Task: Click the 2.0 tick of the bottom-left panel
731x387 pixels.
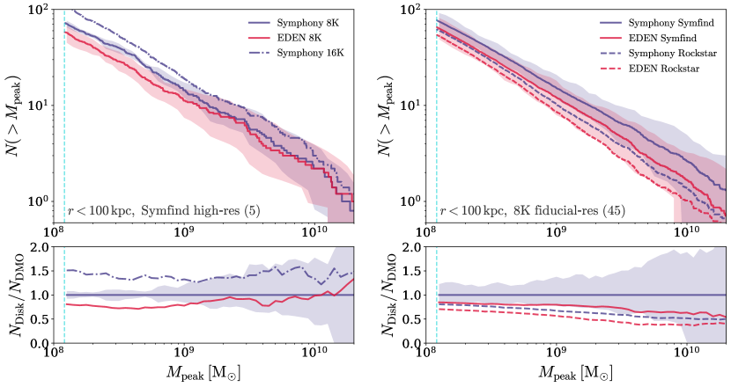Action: click(45, 247)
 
